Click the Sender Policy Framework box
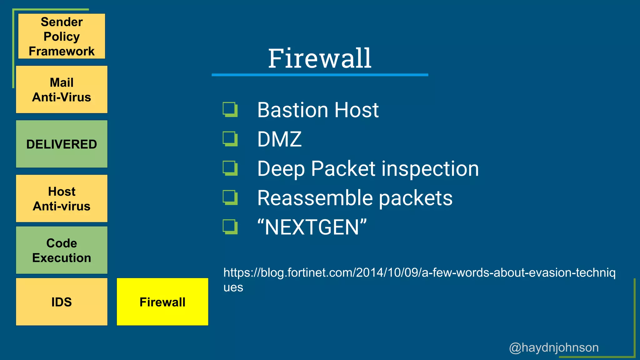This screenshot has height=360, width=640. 62,36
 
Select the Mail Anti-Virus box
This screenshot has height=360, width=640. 62,90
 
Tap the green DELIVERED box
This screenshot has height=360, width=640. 62,144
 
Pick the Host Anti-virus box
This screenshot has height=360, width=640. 62,198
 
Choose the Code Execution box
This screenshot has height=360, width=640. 62,250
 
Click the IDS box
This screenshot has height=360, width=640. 62,302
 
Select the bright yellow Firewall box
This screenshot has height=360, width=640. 162,302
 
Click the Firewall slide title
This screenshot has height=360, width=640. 320,58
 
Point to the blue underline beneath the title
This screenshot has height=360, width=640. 320,75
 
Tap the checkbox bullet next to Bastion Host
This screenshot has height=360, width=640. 230,110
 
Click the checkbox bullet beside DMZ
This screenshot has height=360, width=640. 230,139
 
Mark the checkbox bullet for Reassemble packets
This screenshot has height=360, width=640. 230,198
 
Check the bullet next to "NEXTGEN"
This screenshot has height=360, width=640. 230,227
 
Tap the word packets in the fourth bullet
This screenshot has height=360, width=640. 416,198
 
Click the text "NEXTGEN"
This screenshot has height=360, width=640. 312,227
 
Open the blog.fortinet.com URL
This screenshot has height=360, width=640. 419,273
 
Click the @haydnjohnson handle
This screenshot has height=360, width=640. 554,347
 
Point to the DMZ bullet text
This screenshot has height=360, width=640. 279,139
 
